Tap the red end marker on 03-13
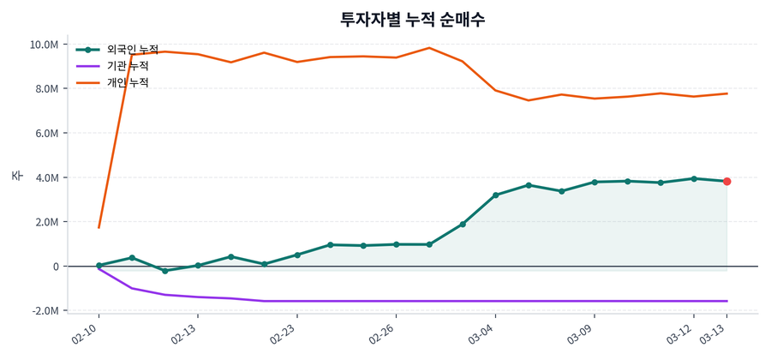(726, 182)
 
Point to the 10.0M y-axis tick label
(44, 45)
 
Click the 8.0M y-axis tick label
(46, 89)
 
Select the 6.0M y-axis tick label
(46, 134)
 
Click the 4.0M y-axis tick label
(46, 178)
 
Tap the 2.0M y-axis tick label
(46, 222)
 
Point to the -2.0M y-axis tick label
(45, 311)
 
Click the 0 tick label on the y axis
(55, 267)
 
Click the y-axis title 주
(16, 176)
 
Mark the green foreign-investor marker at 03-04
(496, 195)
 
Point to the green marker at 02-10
(99, 266)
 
